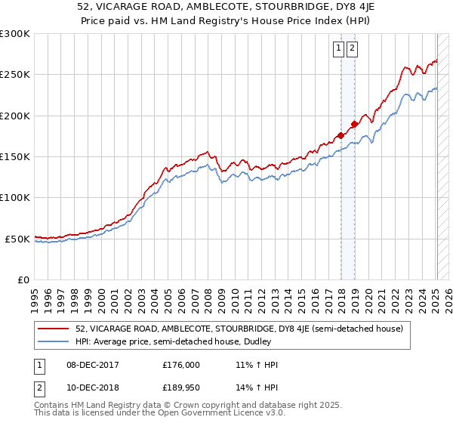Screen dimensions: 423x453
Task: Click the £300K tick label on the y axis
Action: pyautogui.click(x=15, y=34)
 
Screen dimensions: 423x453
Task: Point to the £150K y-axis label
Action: pyautogui.click(x=15, y=156)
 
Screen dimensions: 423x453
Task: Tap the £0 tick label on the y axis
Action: pyautogui.click(x=24, y=279)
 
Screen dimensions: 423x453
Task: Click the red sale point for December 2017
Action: pyautogui.click(x=341, y=136)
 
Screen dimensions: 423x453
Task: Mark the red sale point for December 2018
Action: pyautogui.click(x=354, y=124)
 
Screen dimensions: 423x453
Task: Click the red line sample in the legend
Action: pyautogui.click(x=54, y=329)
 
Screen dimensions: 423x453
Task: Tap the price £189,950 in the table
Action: pyautogui.click(x=180, y=387)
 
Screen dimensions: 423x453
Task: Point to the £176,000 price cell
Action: pyautogui.click(x=180, y=365)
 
